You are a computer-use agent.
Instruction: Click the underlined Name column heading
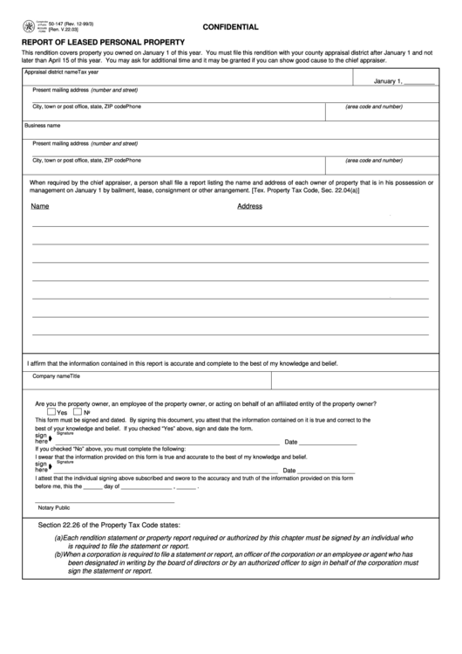point(39,207)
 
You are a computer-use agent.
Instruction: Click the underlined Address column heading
point(249,207)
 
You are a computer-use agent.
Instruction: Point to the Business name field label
point(42,126)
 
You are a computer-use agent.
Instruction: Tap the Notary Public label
point(52,507)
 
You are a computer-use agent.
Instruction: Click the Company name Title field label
point(57,376)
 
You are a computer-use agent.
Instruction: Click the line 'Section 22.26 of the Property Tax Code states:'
point(109,526)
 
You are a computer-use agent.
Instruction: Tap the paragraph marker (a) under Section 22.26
point(58,539)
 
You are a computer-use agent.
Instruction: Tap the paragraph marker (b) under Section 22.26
point(58,554)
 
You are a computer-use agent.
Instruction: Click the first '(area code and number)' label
point(374,107)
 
